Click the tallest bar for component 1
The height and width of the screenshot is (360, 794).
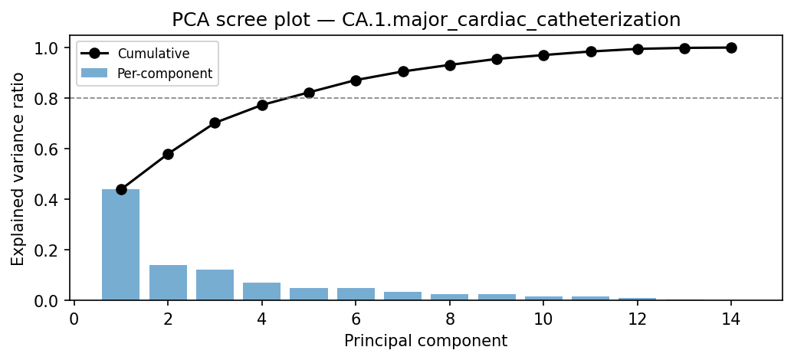(x=121, y=244)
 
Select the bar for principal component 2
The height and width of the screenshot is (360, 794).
(x=168, y=283)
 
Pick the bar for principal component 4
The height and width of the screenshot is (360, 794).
(x=262, y=292)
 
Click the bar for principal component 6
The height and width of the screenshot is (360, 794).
(x=356, y=294)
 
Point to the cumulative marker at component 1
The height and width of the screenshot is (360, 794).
(x=121, y=189)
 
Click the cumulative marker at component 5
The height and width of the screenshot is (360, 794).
(x=309, y=93)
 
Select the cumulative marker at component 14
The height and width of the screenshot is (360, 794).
(x=731, y=47)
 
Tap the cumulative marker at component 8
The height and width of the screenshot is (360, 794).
(x=450, y=65)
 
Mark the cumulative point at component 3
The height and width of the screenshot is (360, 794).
(x=215, y=123)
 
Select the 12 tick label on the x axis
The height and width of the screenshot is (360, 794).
(x=637, y=319)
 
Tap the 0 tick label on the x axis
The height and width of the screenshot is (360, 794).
(x=74, y=319)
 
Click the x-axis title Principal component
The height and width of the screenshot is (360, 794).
(x=426, y=341)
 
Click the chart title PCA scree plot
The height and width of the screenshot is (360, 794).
(x=426, y=19)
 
